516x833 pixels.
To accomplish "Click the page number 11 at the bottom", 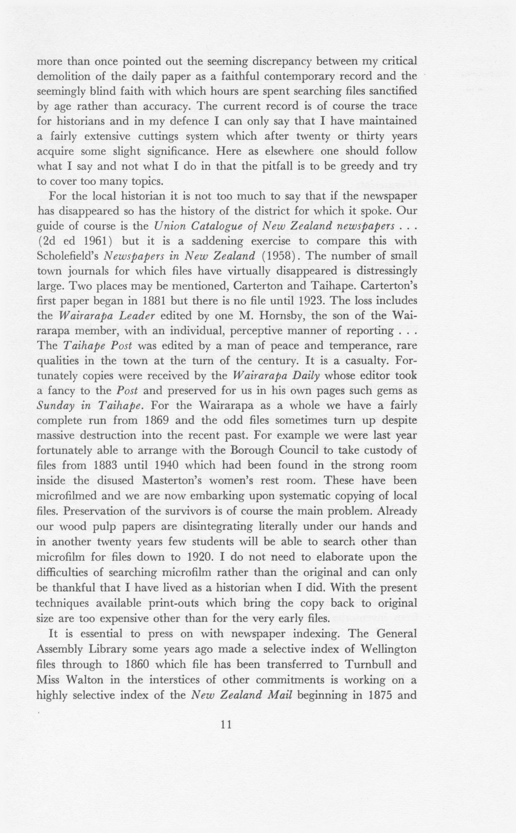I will tap(226, 724).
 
